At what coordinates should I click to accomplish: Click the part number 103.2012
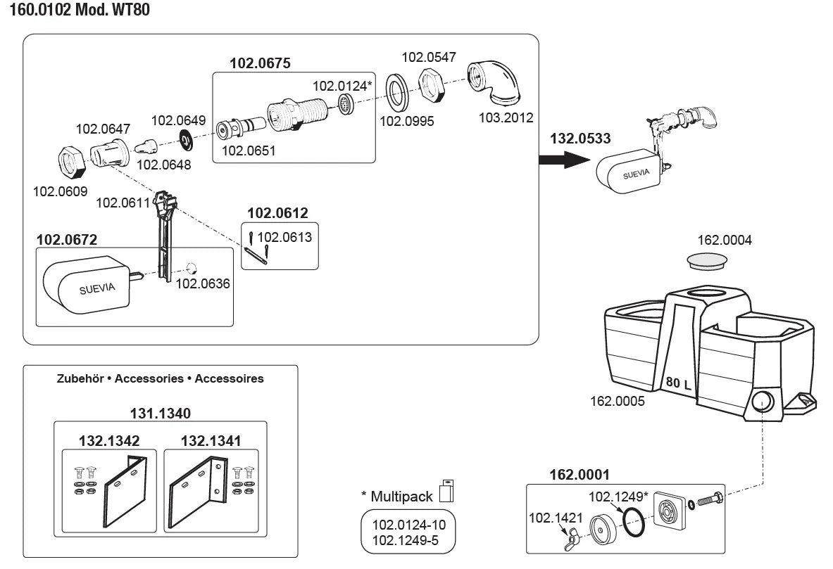tap(506, 117)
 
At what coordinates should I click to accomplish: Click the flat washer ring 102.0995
tap(398, 91)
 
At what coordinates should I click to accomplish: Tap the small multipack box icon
tap(446, 491)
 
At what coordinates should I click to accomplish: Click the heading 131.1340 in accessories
tap(160, 413)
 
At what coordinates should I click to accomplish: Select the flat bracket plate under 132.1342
tap(125, 494)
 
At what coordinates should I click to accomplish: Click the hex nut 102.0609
tap(71, 163)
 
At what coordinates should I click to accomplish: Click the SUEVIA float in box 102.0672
tap(86, 286)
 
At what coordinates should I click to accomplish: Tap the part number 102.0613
tap(284, 237)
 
